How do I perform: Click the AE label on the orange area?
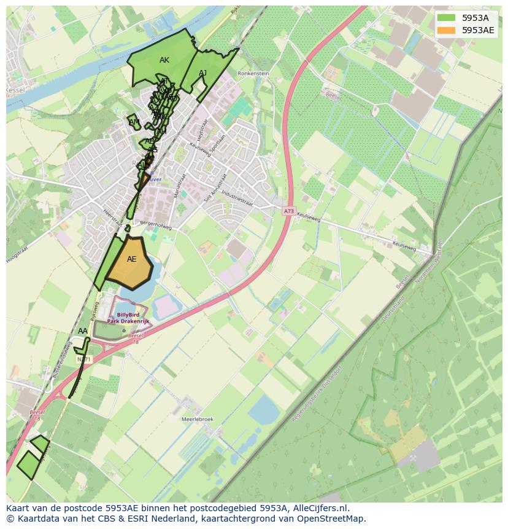point(132,259)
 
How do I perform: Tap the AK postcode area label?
point(164,60)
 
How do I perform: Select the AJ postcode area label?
point(203,73)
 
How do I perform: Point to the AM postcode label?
point(134,122)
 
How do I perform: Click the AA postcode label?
point(83,331)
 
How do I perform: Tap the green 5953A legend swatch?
point(447,18)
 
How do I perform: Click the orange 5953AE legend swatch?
point(447,30)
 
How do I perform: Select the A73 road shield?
point(289,211)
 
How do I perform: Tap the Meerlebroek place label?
point(198,419)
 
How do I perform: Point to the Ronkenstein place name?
point(254,72)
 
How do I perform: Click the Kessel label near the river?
point(13,90)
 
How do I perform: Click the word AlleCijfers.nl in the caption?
point(318,508)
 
